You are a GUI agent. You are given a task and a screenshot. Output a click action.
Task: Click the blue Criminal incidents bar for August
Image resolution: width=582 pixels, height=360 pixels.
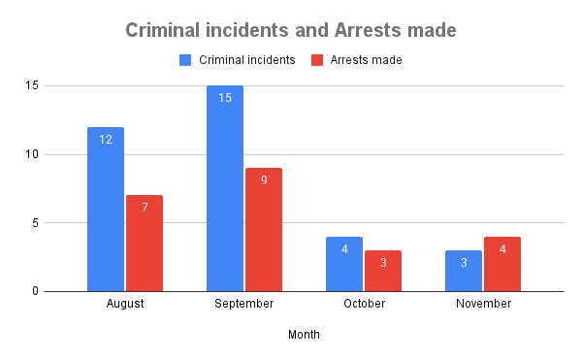click(106, 209)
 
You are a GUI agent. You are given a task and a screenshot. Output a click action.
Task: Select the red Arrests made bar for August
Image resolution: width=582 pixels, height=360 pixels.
click(145, 243)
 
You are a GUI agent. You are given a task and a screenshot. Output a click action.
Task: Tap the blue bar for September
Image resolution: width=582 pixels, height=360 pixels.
click(225, 188)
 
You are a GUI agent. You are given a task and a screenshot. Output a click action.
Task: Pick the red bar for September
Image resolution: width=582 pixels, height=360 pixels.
click(264, 229)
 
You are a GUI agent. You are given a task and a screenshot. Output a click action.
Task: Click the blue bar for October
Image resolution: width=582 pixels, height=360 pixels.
click(344, 264)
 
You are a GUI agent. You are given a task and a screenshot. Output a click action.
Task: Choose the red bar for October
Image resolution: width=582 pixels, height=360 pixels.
click(383, 271)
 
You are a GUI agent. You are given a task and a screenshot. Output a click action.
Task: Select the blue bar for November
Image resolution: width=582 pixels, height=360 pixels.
click(464, 271)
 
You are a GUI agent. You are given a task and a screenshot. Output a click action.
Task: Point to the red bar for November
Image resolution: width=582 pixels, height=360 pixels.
click(502, 264)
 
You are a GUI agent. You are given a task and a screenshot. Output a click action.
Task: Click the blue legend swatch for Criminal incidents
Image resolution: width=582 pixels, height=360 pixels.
click(185, 60)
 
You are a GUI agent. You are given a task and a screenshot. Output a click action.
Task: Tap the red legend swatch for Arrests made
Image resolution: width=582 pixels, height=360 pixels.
click(317, 60)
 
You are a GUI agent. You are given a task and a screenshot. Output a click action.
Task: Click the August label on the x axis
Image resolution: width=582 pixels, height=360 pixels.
click(125, 304)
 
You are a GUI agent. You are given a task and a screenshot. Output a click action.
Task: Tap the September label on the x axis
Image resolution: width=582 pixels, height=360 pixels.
click(244, 304)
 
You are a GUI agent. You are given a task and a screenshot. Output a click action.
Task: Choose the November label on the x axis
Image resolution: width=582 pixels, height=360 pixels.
click(483, 304)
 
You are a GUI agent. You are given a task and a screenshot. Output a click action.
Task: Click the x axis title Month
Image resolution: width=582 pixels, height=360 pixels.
click(304, 335)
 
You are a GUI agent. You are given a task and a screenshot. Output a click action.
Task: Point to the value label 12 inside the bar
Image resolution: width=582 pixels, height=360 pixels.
click(106, 140)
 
